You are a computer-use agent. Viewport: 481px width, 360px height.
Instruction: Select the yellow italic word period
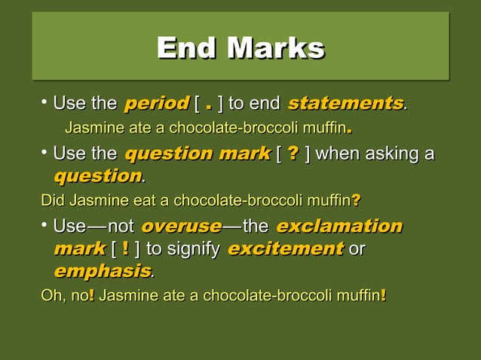(x=156, y=102)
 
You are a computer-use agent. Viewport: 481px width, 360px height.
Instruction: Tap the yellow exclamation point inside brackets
(x=124, y=249)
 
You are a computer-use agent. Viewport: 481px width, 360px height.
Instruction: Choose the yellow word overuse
(x=182, y=227)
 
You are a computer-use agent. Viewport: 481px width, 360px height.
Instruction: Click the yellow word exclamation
(x=339, y=227)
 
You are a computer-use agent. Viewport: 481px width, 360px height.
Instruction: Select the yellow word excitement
(x=285, y=249)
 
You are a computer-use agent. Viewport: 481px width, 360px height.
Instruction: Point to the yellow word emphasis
(x=103, y=270)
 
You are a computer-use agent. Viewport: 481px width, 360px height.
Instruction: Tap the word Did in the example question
(x=52, y=201)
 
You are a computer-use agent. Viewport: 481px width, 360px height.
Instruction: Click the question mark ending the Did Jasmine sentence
(x=356, y=201)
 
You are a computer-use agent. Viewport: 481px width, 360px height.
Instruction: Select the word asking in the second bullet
(x=394, y=155)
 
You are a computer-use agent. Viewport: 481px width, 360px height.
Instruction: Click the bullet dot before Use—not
(x=45, y=225)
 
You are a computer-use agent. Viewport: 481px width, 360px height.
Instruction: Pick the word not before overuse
(x=121, y=227)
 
